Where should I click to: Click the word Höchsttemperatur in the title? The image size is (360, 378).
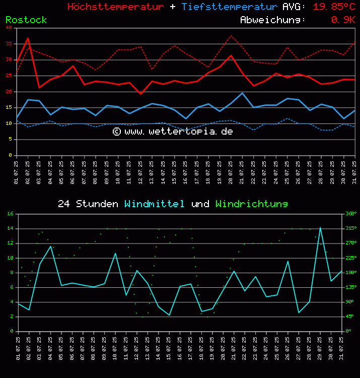pyautogui.click(x=115, y=7)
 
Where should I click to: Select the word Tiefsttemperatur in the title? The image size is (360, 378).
pyautogui.click(x=229, y=7)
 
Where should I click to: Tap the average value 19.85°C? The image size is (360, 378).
pyautogui.click(x=334, y=7)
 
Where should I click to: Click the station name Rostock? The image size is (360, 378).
pyautogui.click(x=26, y=20)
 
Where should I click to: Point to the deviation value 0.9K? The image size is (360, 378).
pyautogui.click(x=343, y=20)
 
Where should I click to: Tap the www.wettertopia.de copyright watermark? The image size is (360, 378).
pyautogui.click(x=173, y=132)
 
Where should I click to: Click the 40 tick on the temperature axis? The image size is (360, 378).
pyautogui.click(x=9, y=28)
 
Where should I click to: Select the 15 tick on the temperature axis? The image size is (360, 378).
pyautogui.click(x=9, y=107)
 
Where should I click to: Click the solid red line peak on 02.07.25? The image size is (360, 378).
pyautogui.click(x=28, y=38)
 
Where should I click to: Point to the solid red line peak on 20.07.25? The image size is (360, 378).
pyautogui.click(x=231, y=55)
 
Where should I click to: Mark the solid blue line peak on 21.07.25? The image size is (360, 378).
pyautogui.click(x=242, y=93)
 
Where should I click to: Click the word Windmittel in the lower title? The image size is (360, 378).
pyautogui.click(x=155, y=204)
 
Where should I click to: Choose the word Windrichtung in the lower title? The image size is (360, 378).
pyautogui.click(x=252, y=204)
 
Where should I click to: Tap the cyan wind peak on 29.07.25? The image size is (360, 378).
pyautogui.click(x=320, y=228)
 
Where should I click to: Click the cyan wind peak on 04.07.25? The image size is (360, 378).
pyautogui.click(x=50, y=246)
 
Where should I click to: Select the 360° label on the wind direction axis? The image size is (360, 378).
pyautogui.click(x=351, y=214)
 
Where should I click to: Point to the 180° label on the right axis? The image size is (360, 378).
pyautogui.click(x=351, y=273)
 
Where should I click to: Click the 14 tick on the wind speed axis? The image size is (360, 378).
pyautogui.click(x=10, y=228)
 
